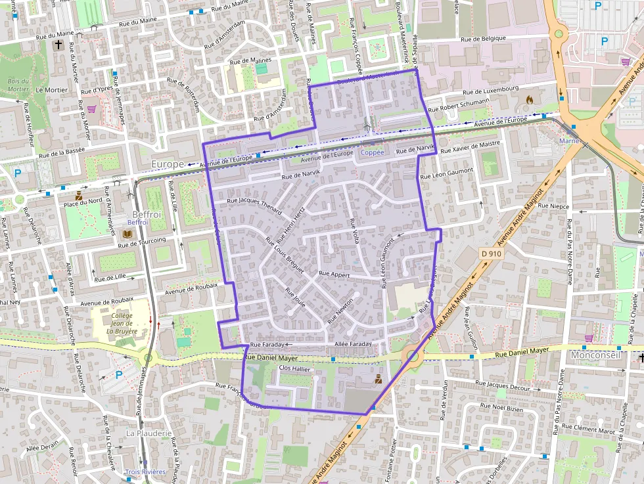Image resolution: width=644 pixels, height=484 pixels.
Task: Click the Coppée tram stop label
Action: click(373, 152)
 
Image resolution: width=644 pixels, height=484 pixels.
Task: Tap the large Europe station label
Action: click(168, 164)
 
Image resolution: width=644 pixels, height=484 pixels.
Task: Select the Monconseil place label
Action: click(596, 355)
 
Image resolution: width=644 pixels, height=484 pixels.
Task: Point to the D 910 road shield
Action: click(491, 253)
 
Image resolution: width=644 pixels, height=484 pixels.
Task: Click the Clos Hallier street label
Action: click(295, 368)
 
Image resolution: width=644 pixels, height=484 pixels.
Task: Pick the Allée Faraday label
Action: click(353, 344)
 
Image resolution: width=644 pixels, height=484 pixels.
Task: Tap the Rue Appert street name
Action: click(334, 273)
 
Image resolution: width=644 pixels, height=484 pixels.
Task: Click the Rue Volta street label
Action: click(354, 231)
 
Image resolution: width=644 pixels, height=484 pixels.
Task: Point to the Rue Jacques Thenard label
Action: click(254, 206)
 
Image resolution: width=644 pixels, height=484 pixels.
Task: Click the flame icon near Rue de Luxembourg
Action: click(530, 100)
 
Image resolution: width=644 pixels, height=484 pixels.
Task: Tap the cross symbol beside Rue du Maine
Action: click(59, 45)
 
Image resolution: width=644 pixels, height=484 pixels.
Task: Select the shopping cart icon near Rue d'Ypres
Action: click(91, 108)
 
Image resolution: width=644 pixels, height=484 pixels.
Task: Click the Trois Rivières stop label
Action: click(145, 472)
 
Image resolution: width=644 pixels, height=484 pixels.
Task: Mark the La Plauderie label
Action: click(149, 433)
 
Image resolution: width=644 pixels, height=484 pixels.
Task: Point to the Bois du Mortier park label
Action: click(18, 85)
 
